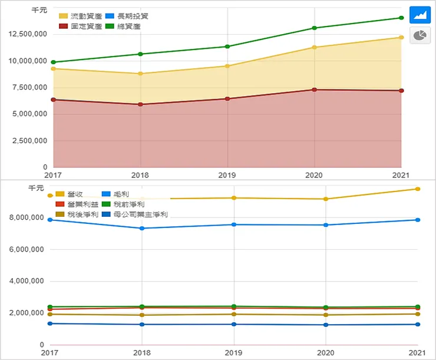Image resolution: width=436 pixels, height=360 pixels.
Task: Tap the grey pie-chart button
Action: [420, 35]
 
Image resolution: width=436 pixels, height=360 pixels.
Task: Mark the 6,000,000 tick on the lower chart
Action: [27, 249]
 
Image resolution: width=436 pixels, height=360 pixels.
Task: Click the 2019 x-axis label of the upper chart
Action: [227, 175]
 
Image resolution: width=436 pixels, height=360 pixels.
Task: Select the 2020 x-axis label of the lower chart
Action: [326, 352]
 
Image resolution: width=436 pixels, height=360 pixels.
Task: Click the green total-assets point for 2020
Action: [315, 28]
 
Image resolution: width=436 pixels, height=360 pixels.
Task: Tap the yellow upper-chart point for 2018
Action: [140, 74]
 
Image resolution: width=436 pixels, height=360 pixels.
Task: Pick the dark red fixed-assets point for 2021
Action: [401, 91]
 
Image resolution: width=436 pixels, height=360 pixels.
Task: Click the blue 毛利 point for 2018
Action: [141, 228]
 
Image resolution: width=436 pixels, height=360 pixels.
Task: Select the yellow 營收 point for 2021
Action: [418, 189]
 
